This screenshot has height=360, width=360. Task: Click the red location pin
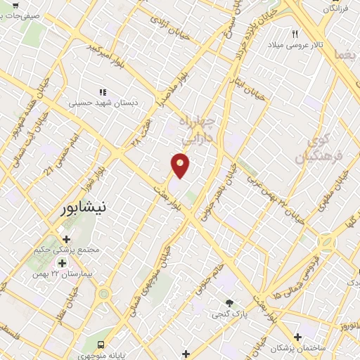tap(181, 165)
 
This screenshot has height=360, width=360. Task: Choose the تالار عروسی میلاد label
tap(295, 45)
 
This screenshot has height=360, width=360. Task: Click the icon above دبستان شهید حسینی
tap(103, 91)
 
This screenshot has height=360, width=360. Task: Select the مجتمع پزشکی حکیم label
tap(67, 250)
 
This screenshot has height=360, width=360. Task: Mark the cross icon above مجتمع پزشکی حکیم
tap(67, 239)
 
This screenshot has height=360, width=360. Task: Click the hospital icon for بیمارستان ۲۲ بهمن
tap(62, 263)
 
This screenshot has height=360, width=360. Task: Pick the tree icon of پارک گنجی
tap(230, 303)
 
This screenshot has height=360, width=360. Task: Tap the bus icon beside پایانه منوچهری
tap(101, 345)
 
